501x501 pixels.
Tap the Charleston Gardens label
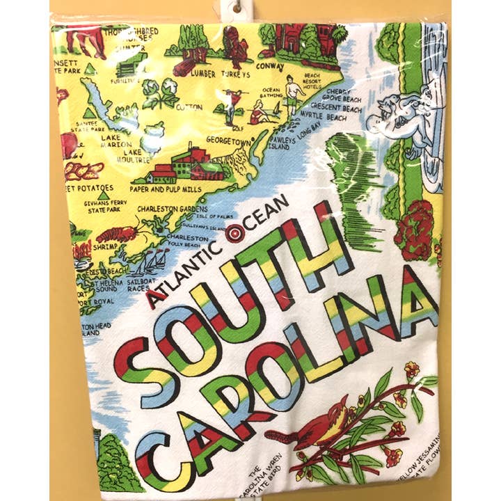point(171,209)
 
